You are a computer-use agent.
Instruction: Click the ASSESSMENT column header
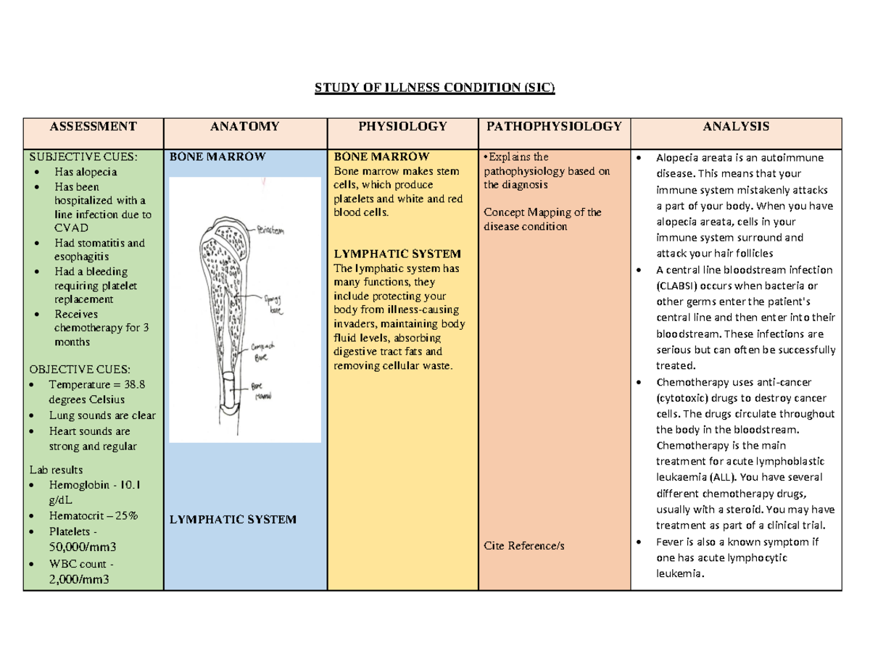[x=93, y=127]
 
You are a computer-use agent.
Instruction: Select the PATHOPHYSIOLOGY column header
[x=554, y=127]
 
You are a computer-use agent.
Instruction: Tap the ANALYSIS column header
[x=735, y=127]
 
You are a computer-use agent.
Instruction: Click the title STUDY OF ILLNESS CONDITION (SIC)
[x=434, y=88]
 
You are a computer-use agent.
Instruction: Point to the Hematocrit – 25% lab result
[x=94, y=516]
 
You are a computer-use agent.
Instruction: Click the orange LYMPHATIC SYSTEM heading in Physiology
[x=397, y=254]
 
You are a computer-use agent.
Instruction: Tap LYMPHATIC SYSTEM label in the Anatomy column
[x=233, y=519]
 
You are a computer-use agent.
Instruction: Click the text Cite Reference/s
[x=523, y=544]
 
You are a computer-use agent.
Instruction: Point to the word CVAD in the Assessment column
[x=72, y=228]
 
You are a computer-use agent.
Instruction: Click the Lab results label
[x=57, y=470]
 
